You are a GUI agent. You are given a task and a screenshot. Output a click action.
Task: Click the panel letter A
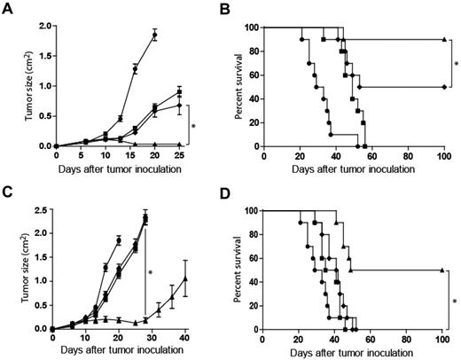7,7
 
